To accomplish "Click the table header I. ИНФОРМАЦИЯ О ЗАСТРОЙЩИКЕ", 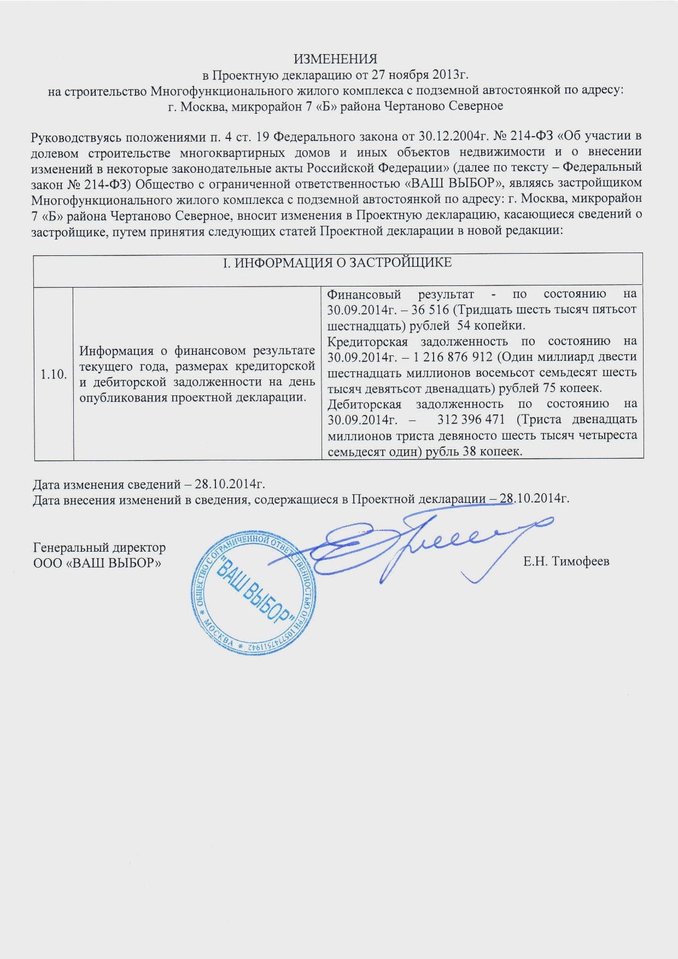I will pyautogui.click(x=339, y=263).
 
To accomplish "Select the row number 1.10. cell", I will pyautogui.click(x=54, y=374).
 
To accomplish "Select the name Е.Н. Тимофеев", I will pyautogui.click(x=565, y=562).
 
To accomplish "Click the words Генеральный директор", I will pyautogui.click(x=100, y=547).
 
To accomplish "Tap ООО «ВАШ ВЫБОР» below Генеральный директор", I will pyautogui.click(x=97, y=563).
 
